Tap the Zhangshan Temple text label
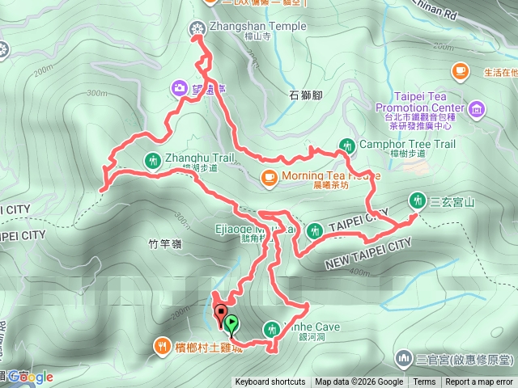click(258, 27)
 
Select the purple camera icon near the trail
click(179, 87)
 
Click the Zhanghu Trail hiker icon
click(152, 158)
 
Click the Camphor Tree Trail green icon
click(347, 145)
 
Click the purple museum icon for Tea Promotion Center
click(476, 108)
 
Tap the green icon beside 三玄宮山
click(418, 199)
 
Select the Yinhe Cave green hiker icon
click(271, 327)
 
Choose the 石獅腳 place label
click(306, 95)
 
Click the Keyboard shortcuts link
click(270, 382)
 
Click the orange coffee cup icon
click(461, 72)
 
